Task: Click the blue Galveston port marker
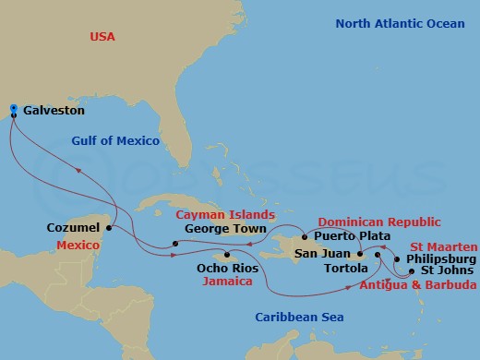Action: point(13,110)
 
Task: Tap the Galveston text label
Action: point(54,111)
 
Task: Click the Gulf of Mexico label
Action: point(115,141)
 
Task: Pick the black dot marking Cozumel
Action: point(109,226)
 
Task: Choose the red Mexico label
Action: point(78,246)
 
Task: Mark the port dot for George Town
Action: point(174,244)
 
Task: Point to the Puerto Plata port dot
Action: point(304,236)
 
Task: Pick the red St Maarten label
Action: point(444,246)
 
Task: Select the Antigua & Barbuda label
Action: point(419,286)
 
